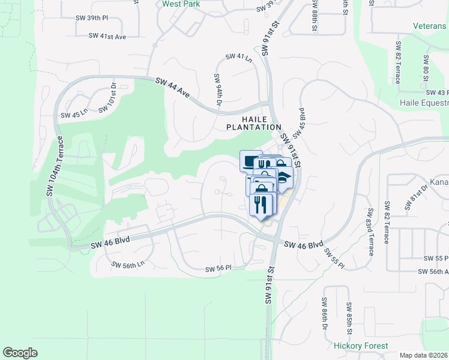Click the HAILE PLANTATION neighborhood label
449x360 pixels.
(253, 123)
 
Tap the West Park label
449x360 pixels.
(180, 4)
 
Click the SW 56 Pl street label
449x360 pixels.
(218, 269)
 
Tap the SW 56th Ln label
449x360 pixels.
(128, 263)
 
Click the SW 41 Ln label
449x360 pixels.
(239, 57)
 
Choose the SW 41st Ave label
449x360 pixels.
(107, 36)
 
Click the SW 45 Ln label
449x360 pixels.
(74, 114)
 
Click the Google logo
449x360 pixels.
(20, 353)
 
